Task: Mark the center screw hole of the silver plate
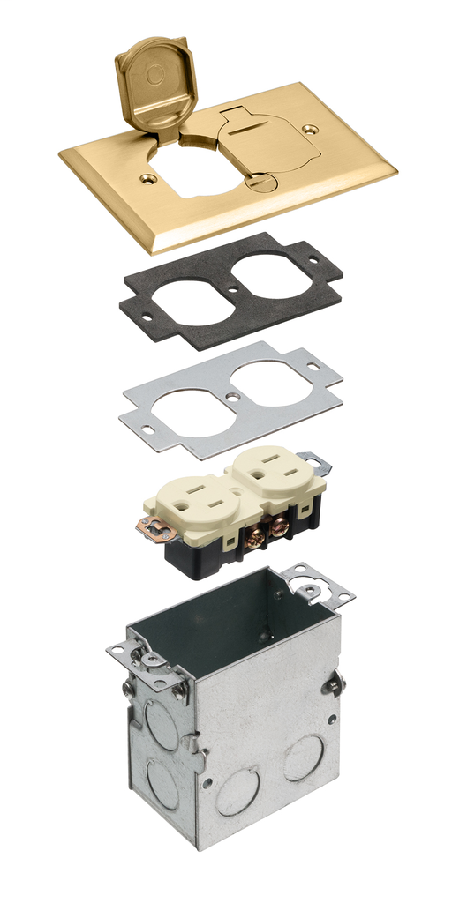click(232, 397)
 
